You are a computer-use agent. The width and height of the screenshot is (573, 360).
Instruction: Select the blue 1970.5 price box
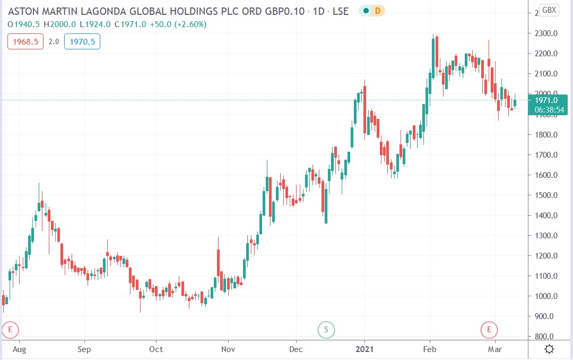82,41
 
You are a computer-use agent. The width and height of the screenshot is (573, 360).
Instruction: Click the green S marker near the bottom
326,330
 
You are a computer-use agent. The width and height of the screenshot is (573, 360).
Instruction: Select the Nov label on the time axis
228,349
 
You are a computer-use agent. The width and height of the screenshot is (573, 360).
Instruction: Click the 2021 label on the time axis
364,349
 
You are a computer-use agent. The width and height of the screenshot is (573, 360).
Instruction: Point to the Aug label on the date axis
19,349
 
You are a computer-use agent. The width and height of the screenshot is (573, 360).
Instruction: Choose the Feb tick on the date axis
430,349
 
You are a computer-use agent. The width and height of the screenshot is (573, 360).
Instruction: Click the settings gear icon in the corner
550,349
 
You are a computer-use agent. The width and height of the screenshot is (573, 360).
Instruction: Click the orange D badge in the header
377,11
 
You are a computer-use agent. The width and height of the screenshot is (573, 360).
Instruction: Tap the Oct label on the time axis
156,349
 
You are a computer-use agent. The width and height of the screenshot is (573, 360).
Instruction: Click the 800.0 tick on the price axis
546,337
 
